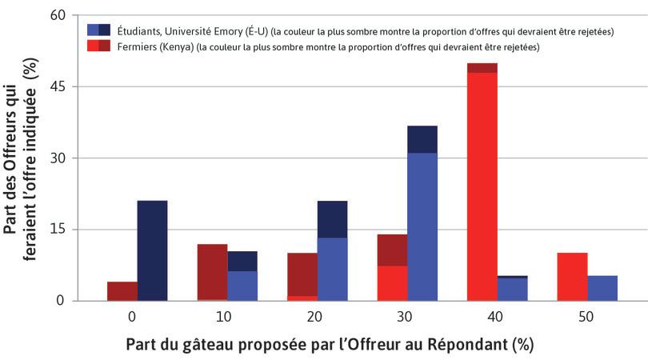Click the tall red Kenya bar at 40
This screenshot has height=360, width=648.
tap(482, 184)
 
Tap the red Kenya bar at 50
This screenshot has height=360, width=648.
tap(572, 277)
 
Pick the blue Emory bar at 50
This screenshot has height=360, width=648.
tap(602, 288)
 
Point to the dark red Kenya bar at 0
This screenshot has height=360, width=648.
tap(122, 291)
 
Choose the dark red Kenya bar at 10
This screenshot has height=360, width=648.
tap(212, 272)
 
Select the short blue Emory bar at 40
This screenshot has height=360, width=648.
tap(512, 289)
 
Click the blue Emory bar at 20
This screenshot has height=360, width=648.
tap(332, 268)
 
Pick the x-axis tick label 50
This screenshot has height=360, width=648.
tap(586, 316)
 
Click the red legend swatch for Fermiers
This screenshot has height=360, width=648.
tap(100, 47)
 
